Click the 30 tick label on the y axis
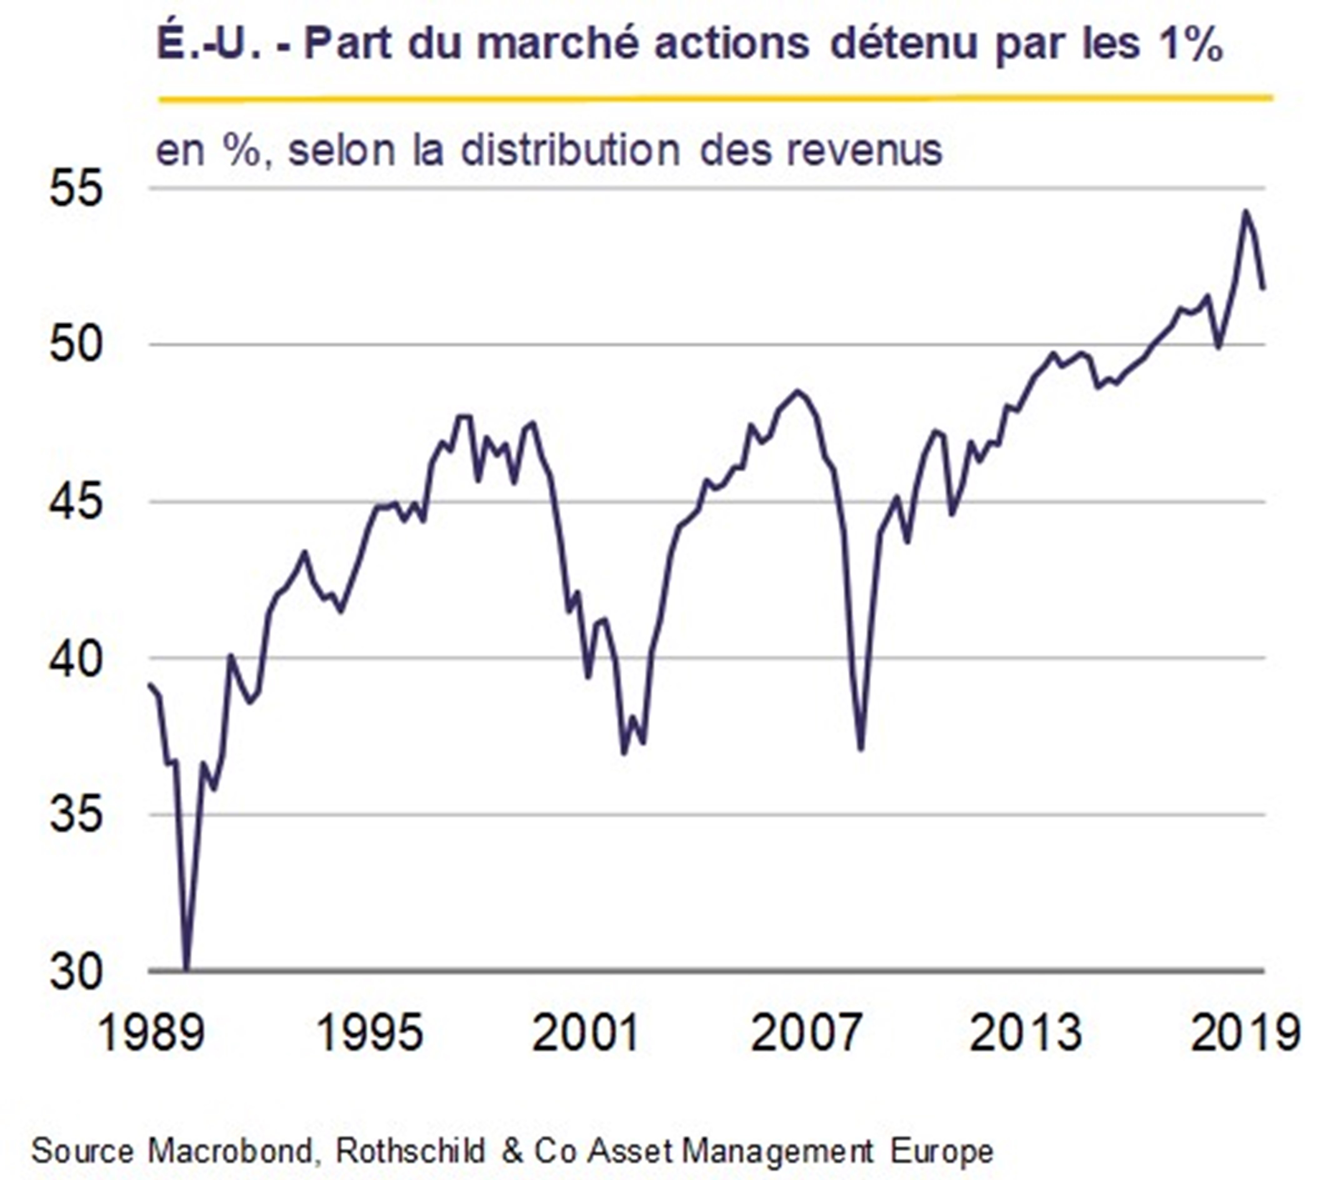76,972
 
